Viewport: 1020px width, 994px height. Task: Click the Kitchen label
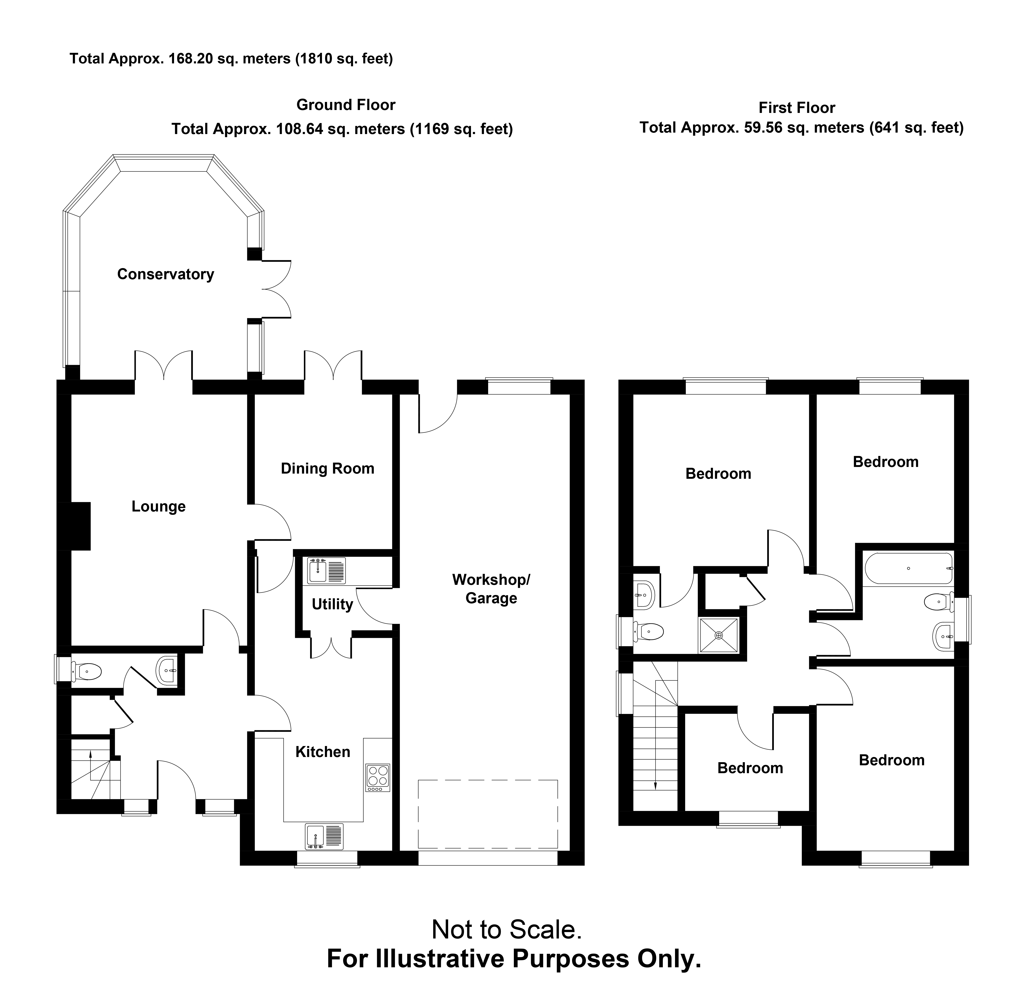(323, 752)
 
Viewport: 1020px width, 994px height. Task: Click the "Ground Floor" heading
(346, 105)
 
